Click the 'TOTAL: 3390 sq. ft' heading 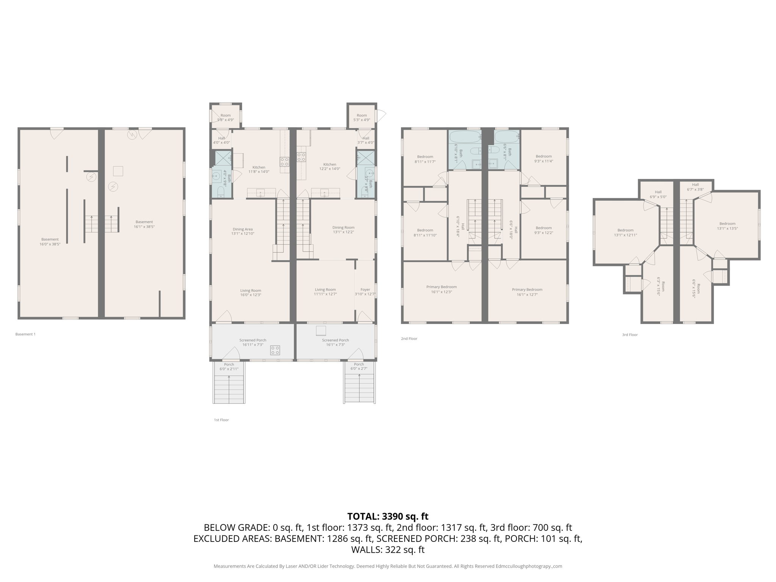(x=388, y=516)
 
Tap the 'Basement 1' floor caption (x=25, y=334)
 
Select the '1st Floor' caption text (x=221, y=420)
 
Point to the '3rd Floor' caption (x=630, y=335)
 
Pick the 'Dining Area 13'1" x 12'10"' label (x=242, y=232)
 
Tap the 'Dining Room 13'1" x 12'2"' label (x=343, y=230)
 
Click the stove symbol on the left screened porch (x=275, y=350)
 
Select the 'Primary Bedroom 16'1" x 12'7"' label (x=527, y=292)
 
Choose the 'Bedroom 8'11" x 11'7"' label (x=425, y=159)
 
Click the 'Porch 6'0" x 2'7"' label (x=358, y=366)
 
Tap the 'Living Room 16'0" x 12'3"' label (x=250, y=293)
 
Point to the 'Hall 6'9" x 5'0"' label (x=658, y=194)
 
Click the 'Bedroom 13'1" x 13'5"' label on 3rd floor (x=727, y=226)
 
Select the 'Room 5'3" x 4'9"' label (x=361, y=117)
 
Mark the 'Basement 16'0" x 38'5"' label (x=50, y=242)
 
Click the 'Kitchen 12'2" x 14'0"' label (x=329, y=167)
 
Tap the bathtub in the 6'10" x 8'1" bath (x=465, y=137)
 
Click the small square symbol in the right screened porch (x=321, y=331)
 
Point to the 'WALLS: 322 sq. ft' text (x=388, y=550)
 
